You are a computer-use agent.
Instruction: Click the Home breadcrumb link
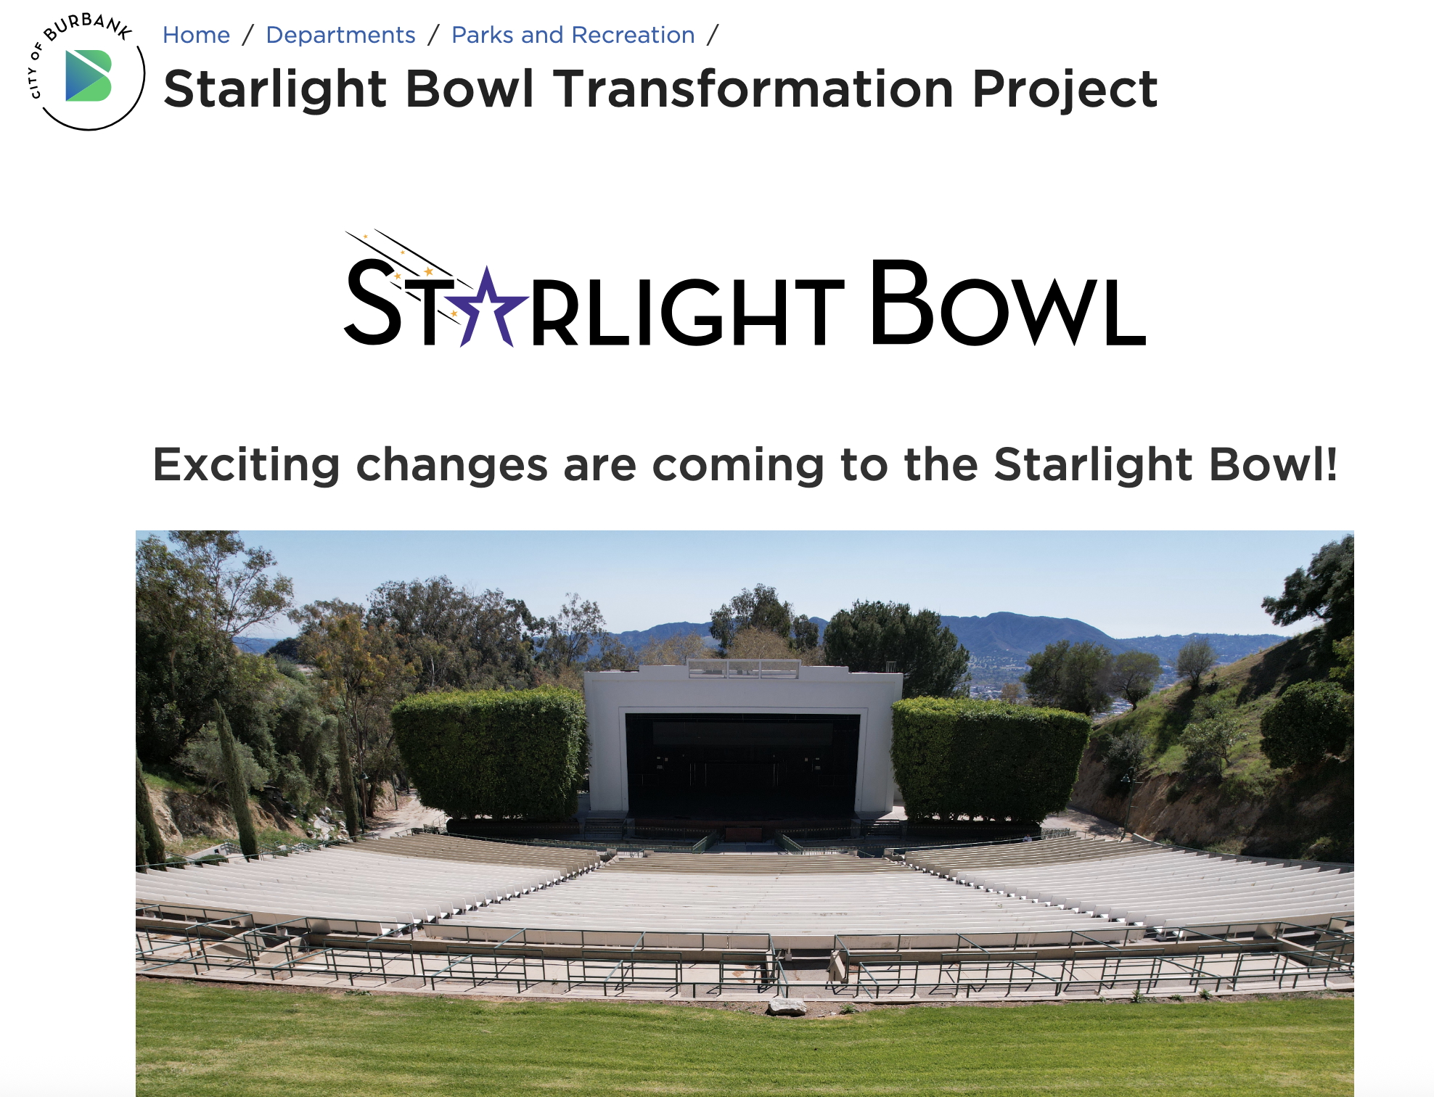coord(196,35)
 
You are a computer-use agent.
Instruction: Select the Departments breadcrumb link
coord(340,35)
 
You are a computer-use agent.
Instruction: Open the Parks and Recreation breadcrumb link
coord(573,35)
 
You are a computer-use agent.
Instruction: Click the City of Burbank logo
coord(86,72)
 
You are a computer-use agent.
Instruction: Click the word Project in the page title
coord(1065,91)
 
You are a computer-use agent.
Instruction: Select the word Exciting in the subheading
coord(247,465)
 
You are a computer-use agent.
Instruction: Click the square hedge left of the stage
coord(490,755)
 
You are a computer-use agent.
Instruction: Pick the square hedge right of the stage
coord(991,760)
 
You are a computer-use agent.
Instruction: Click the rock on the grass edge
coord(787,1006)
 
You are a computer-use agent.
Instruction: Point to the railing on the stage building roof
coord(743,668)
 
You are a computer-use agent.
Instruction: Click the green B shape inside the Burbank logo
coord(89,75)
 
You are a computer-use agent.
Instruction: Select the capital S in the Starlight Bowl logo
coord(373,303)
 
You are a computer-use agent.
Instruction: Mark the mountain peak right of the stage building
coord(1001,617)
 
